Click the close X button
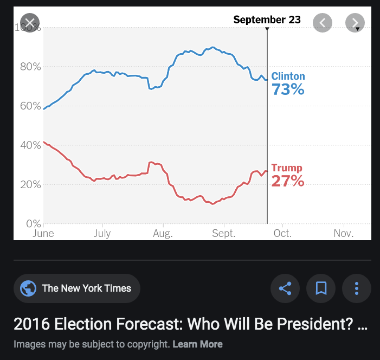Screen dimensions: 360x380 [29, 23]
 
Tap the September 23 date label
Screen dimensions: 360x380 [267, 20]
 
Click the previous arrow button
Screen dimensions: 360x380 [323, 23]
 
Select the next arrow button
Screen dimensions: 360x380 [355, 23]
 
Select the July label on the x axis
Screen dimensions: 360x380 [102, 234]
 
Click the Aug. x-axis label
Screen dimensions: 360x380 [163, 234]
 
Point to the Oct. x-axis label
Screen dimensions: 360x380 [282, 234]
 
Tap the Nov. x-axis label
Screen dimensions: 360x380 [344, 234]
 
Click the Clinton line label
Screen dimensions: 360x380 [288, 76]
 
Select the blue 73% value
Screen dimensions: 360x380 [288, 89]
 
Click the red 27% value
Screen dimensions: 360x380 [287, 181]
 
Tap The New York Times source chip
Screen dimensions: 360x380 [77, 288]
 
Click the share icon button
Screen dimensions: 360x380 [285, 288]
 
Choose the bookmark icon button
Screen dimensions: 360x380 [321, 288]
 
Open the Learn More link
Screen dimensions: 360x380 [197, 344]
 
